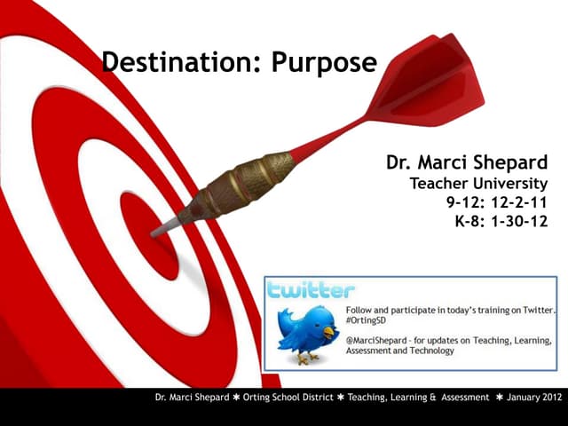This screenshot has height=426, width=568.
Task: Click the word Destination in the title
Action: tap(170, 63)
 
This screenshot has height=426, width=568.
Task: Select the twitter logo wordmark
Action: tap(311, 290)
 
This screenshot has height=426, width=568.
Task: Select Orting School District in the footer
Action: tap(288, 398)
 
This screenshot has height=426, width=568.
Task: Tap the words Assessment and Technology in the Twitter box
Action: tap(399, 351)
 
